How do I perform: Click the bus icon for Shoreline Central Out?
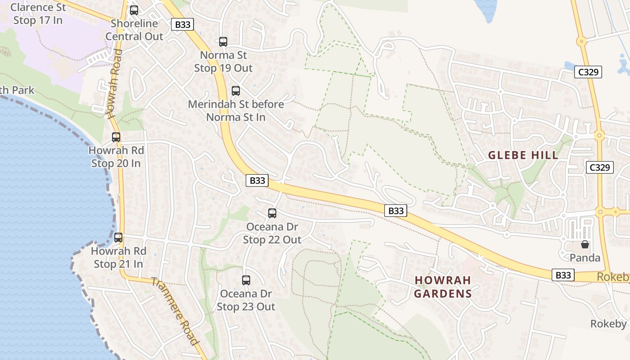(134, 10)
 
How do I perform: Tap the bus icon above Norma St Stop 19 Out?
(223, 42)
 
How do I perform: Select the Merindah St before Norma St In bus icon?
(235, 91)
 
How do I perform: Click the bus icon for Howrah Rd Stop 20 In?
(116, 137)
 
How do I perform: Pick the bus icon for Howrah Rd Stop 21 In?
(118, 238)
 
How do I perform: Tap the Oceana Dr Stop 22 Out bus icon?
(272, 213)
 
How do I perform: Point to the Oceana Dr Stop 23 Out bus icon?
(246, 280)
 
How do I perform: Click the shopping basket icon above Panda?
(585, 244)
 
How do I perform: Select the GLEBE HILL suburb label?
(523, 155)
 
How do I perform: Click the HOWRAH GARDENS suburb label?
(443, 287)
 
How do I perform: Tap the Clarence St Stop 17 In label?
(38, 14)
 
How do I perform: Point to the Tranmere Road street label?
(175, 311)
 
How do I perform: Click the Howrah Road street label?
(114, 84)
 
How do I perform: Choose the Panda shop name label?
(585, 258)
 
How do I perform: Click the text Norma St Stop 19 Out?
(223, 62)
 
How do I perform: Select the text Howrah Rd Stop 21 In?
(118, 257)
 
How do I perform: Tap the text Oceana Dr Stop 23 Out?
(246, 300)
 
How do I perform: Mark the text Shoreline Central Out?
(134, 30)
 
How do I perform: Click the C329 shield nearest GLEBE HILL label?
(600, 167)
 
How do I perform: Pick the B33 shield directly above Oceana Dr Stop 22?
(257, 180)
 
